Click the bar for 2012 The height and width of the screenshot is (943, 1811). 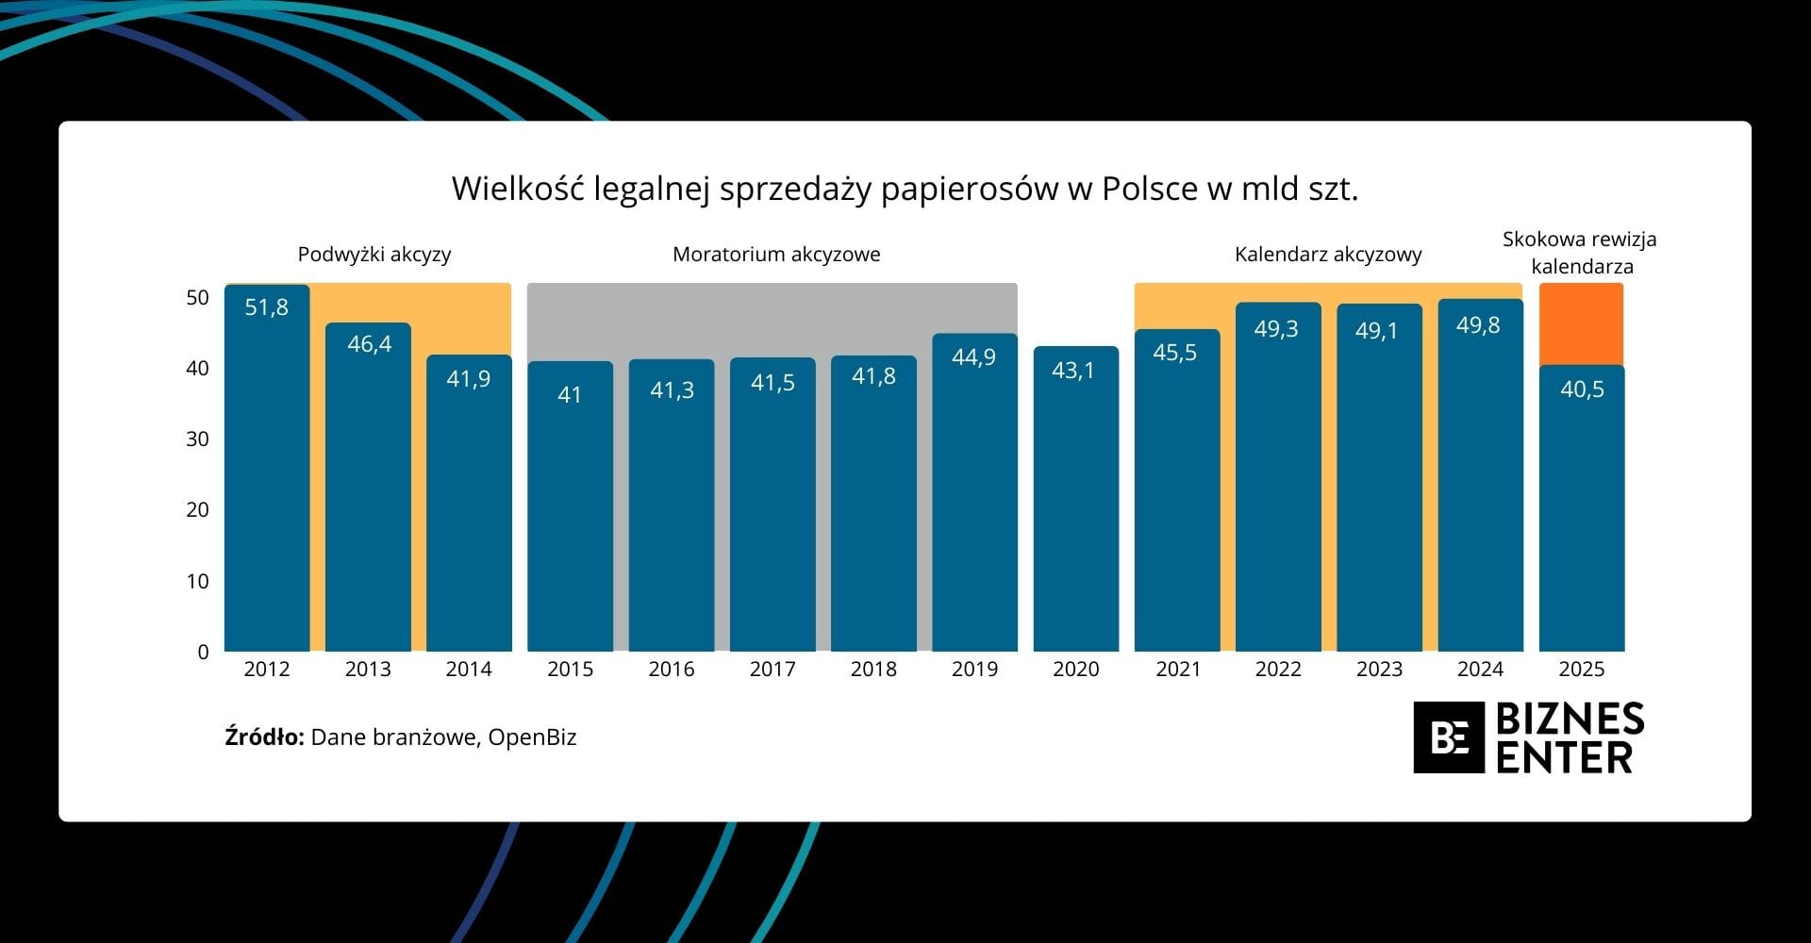pos(267,471)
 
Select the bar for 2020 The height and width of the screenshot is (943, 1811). pos(1075,500)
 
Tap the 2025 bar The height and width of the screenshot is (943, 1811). pos(1582,509)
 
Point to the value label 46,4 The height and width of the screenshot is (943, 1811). pos(369,344)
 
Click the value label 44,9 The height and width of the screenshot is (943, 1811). pos(973,356)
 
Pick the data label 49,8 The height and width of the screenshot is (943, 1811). pos(1478,325)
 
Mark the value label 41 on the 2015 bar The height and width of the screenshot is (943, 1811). pos(570,394)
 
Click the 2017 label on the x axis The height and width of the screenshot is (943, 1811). pos(773,670)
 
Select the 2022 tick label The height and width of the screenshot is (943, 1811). pos(1278,670)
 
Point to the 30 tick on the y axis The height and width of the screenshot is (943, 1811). pos(197,438)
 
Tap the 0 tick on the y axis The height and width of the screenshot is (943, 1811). pos(203,652)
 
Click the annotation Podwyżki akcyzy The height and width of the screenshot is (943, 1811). pos(374,255)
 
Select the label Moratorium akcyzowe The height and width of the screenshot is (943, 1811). pos(776,255)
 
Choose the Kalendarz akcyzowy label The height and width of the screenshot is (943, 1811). pos(1328,255)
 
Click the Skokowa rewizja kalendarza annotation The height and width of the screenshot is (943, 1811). pos(1580,253)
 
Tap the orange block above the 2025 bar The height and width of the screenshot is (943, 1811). pos(1582,323)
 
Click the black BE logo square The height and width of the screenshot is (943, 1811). pos(1449,737)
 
